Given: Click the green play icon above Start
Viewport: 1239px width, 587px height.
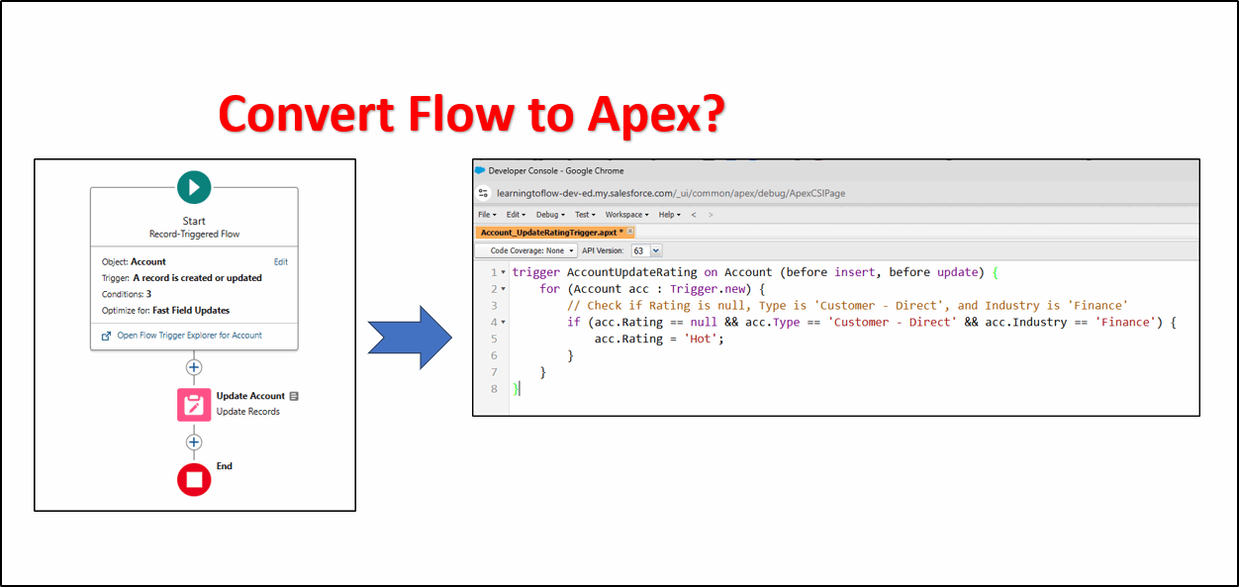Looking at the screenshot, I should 194,186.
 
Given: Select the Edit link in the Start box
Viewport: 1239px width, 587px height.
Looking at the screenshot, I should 281,262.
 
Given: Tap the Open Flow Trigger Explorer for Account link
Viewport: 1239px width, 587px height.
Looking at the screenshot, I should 189,336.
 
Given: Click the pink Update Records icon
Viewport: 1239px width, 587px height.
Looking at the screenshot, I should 194,404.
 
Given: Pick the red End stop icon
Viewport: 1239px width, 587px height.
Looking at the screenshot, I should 194,479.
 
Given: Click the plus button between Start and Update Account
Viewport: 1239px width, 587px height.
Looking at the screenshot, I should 194,367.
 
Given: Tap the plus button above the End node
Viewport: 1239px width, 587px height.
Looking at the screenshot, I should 194,442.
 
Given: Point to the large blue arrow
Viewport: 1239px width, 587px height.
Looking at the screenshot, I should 410,337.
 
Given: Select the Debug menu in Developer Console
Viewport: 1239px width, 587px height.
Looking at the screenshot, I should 549,215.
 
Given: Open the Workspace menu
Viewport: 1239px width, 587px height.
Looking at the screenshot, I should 626,215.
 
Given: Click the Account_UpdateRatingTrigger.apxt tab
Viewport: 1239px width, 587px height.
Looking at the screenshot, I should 552,233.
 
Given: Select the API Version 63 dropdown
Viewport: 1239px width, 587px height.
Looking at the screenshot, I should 646,251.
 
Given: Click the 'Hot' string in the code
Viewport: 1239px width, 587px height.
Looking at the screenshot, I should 704,339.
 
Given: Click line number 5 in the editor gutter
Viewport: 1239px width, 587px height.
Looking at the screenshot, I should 494,339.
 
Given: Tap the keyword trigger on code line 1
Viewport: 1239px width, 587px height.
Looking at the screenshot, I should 536,272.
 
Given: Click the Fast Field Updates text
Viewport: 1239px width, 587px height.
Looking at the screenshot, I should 191,311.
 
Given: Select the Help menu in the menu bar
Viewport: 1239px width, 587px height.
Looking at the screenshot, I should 669,215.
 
